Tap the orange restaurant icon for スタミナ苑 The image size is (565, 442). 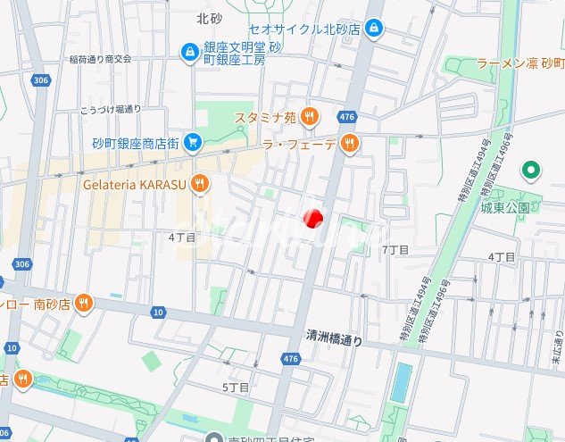pyautogui.click(x=310, y=115)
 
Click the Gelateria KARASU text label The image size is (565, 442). pyautogui.click(x=133, y=184)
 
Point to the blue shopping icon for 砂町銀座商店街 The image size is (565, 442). pyautogui.click(x=194, y=143)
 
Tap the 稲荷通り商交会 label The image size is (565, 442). pyautogui.click(x=100, y=59)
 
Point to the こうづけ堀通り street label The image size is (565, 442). pyautogui.click(x=111, y=109)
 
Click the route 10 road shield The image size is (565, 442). pyautogui.click(x=158, y=312)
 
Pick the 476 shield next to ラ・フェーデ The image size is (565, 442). pyautogui.click(x=347, y=117)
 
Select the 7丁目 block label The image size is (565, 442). pyautogui.click(x=395, y=250)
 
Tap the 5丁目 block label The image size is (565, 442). pyautogui.click(x=235, y=387)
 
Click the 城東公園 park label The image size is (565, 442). pyautogui.click(x=505, y=208)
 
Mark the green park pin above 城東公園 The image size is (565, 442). pyautogui.click(x=533, y=170)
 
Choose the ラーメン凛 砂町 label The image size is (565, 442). pyautogui.click(x=520, y=63)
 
